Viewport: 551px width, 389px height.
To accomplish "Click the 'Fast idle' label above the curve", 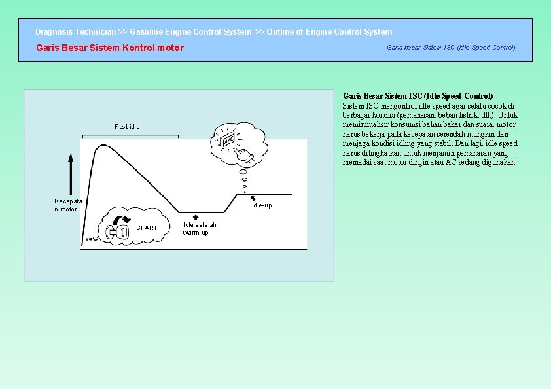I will [127, 126].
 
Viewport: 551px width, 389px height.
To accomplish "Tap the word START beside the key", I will [147, 228].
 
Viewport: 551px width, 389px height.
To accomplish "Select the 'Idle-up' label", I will [262, 205].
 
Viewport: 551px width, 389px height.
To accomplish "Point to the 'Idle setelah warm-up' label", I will [200, 229].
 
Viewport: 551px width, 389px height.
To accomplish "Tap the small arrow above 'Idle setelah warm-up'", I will [196, 217].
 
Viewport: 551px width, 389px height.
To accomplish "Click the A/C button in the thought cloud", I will [228, 141].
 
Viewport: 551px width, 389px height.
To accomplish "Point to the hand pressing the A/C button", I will [243, 154].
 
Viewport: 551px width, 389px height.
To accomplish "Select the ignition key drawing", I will [118, 231].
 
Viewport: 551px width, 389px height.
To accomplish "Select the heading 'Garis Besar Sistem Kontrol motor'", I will [110, 48].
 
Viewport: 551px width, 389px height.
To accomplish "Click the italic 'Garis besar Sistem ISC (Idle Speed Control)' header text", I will [451, 47].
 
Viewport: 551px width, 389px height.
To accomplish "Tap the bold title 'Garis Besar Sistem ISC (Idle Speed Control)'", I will [418, 96].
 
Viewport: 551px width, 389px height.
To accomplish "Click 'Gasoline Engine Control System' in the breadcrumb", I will [190, 31].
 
